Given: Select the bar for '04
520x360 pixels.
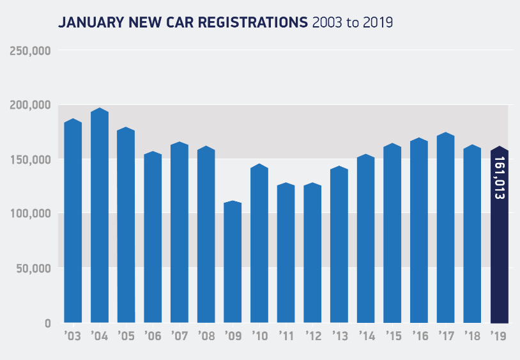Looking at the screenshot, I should coord(100,217).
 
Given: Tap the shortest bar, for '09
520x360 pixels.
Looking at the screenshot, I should coord(233,262).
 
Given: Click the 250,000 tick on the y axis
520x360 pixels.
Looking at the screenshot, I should coord(31,51).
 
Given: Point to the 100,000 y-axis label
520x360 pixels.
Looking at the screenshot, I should coord(31,214).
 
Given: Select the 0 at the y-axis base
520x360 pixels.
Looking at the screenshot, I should coord(47,323).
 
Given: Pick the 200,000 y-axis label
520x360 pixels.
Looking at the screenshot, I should coord(31,105).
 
